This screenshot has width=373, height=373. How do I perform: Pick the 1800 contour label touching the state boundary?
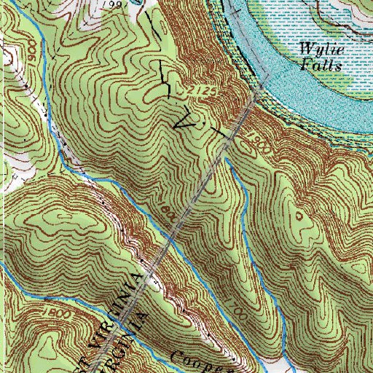click(166, 213)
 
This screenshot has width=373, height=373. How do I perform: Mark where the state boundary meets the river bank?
click(260, 87)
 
